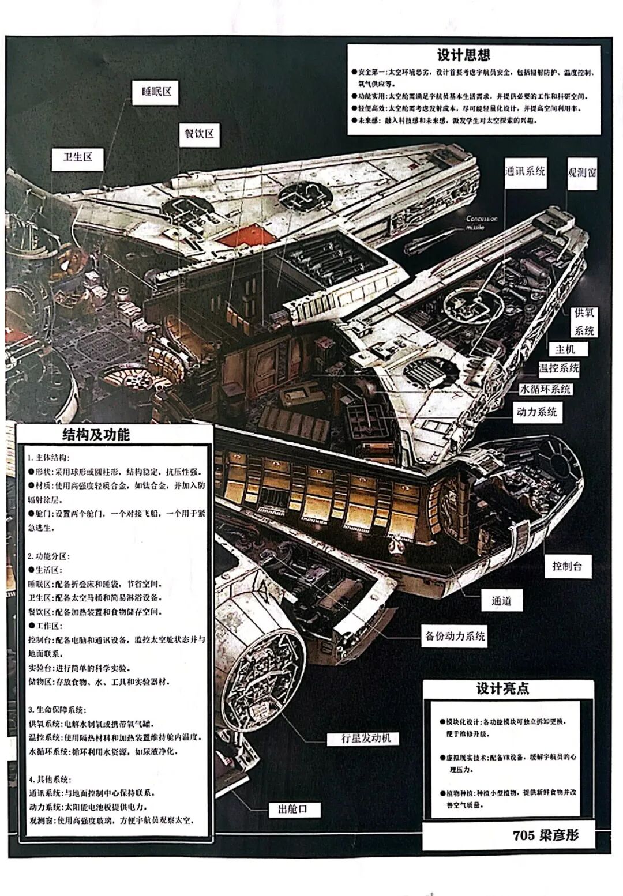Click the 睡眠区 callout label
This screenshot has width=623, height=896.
(x=156, y=92)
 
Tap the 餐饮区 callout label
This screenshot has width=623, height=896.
(x=199, y=134)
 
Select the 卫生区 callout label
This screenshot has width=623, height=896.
(x=78, y=157)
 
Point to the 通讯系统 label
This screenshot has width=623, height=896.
(x=524, y=171)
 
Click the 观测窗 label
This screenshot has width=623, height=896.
(x=581, y=172)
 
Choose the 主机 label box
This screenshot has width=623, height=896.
(x=565, y=349)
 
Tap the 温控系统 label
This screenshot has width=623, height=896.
(x=558, y=368)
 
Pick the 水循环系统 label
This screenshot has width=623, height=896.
(x=545, y=389)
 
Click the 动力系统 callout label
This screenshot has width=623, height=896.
(x=536, y=412)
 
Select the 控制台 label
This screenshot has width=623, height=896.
(x=566, y=566)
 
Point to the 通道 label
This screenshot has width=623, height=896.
(x=501, y=601)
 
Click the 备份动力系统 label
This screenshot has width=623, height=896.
(x=455, y=637)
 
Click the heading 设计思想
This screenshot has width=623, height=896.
(x=464, y=55)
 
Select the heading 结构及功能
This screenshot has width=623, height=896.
(x=96, y=435)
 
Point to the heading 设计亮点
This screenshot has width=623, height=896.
(x=502, y=689)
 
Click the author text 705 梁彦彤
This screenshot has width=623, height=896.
(x=545, y=835)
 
